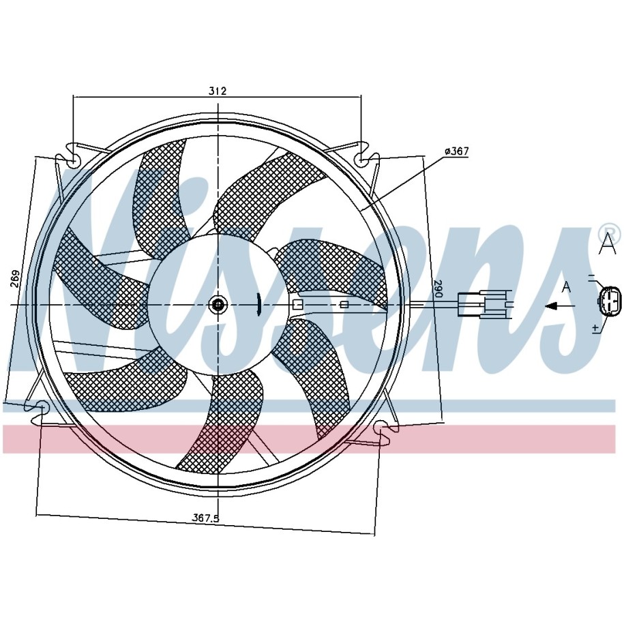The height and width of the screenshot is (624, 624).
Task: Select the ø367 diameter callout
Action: click(x=456, y=151)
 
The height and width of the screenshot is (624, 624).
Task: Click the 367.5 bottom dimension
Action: click(x=205, y=518)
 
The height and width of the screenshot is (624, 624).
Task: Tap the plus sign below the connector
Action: click(x=595, y=328)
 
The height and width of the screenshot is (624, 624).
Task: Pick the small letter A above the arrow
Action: click(x=565, y=287)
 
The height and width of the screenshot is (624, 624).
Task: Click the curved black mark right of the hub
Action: click(x=258, y=303)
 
